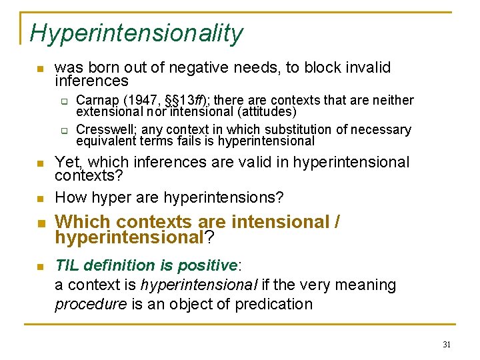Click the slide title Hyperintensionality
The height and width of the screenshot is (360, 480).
point(137,33)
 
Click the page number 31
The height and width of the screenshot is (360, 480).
point(446,345)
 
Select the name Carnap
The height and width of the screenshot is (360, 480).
point(97,101)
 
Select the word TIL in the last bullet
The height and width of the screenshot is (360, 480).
point(67,265)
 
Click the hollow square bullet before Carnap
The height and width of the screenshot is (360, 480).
point(65,101)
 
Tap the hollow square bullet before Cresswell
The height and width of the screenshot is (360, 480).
point(65,130)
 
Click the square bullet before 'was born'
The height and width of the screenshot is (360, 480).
point(40,69)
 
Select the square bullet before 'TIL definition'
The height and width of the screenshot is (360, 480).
point(40,267)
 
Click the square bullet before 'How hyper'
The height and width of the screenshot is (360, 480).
point(40,199)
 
